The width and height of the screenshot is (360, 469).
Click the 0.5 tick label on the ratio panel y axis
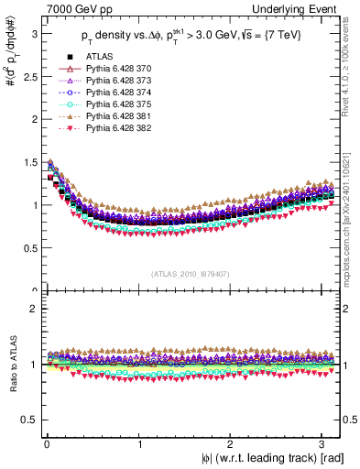(x=27, y=420)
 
